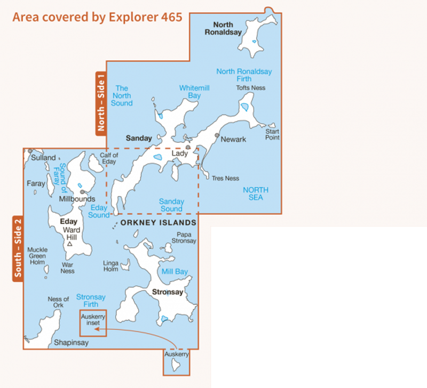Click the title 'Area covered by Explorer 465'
[97, 17]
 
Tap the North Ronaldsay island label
[223, 28]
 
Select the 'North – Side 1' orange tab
[100, 102]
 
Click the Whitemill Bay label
[190, 91]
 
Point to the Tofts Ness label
[250, 88]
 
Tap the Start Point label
[272, 134]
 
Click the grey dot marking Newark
[217, 136]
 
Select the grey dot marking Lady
[188, 147]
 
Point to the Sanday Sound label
[171, 205]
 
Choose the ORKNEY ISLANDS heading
[159, 223]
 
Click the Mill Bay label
[175, 272]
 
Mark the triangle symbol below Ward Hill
[70, 244]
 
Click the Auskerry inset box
[93, 324]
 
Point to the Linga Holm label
[110, 266]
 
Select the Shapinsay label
[71, 343]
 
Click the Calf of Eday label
[109, 158]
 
